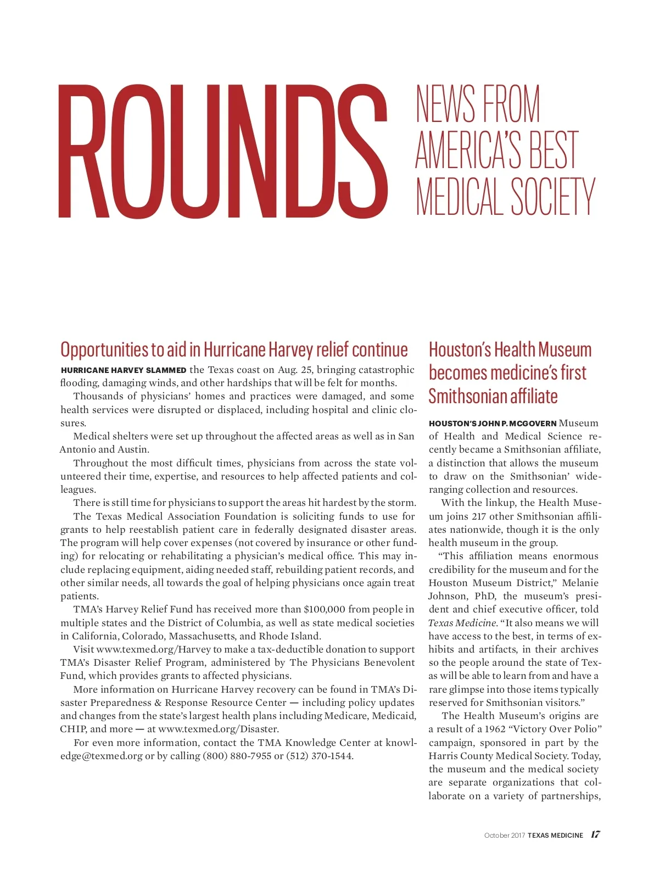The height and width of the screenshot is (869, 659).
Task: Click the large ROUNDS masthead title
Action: coord(223,152)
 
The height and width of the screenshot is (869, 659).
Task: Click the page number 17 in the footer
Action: coord(595,834)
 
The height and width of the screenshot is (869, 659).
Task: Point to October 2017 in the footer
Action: coord(504,835)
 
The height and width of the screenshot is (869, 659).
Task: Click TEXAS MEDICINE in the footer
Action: coord(555,835)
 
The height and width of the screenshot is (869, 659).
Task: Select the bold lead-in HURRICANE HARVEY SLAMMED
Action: coord(124,370)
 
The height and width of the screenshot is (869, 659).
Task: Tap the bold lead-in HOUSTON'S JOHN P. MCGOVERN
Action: coord(492,424)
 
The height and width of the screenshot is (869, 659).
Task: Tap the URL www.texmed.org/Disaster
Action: coord(218,729)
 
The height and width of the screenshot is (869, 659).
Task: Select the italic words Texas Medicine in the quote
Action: coord(462,623)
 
